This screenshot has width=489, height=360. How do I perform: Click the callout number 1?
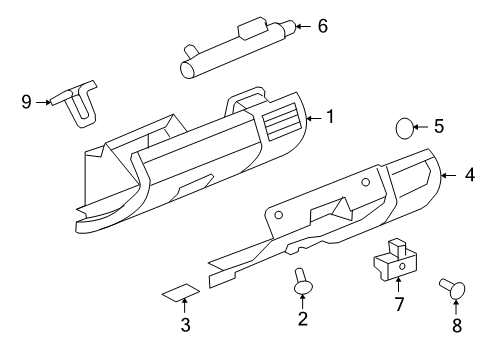(x=329, y=117)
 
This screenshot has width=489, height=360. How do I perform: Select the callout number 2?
(x=301, y=319)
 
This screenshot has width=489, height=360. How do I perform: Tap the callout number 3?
(x=185, y=325)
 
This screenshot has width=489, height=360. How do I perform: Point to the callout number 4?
(x=469, y=176)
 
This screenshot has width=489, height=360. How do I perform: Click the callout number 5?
(x=439, y=127)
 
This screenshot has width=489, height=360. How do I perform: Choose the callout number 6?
(x=322, y=26)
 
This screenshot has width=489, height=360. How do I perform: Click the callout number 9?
(x=27, y=101)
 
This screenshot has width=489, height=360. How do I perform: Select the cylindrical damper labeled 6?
(x=236, y=47)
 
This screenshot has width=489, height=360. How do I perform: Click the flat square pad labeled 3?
(x=179, y=293)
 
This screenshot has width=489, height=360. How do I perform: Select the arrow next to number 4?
(x=450, y=176)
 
